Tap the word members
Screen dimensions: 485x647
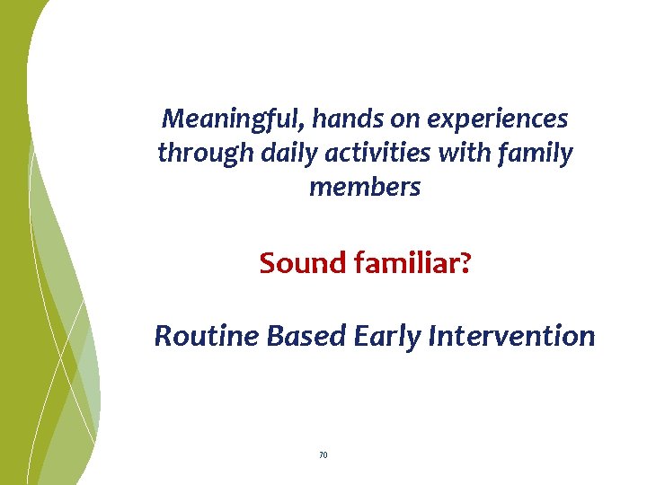[x=364, y=187]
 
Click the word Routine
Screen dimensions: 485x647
[x=204, y=336]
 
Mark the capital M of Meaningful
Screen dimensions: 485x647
[x=172, y=118]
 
